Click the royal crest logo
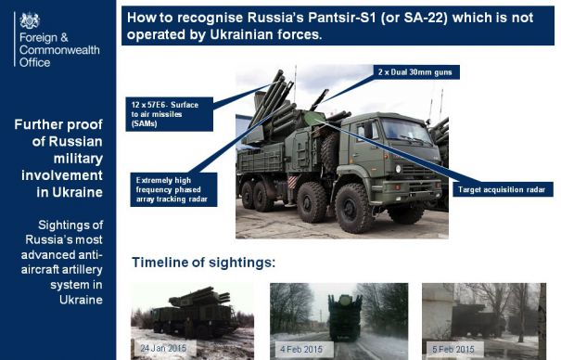tap(30, 20)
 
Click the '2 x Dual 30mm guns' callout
tap(416, 72)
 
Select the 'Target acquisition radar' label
tap(503, 189)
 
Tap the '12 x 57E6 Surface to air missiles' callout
tap(170, 114)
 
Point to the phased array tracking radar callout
tap(173, 189)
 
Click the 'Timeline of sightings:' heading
tap(204, 263)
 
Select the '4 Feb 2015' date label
tap(301, 349)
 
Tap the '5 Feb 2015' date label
tap(453, 349)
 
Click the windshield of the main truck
tap(405, 130)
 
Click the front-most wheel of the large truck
tap(353, 208)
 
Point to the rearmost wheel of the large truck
tap(248, 195)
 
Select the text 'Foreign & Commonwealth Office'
tap(59, 50)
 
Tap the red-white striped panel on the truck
tap(292, 182)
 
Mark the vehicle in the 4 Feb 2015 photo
tap(345, 316)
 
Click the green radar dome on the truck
tap(313, 118)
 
